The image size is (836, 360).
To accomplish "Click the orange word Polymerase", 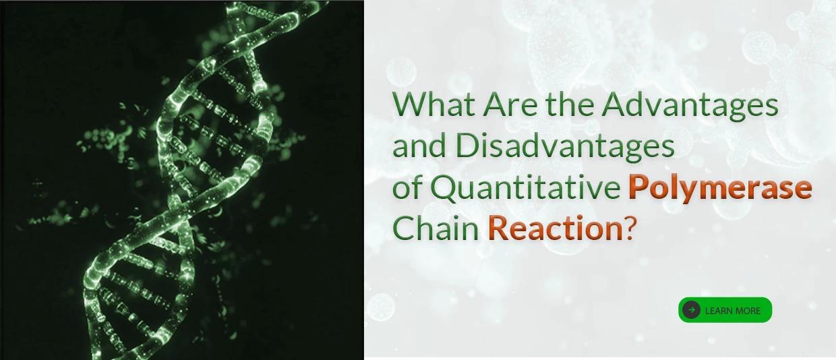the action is click(x=720, y=188).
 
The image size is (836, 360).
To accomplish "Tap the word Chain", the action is click(x=436, y=229).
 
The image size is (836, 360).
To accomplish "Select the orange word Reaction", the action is click(x=555, y=229).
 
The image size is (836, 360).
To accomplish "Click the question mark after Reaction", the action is click(x=629, y=229).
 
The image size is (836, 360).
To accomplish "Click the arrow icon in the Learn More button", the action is click(x=691, y=309).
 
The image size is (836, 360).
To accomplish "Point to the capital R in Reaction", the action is click(x=497, y=228).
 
